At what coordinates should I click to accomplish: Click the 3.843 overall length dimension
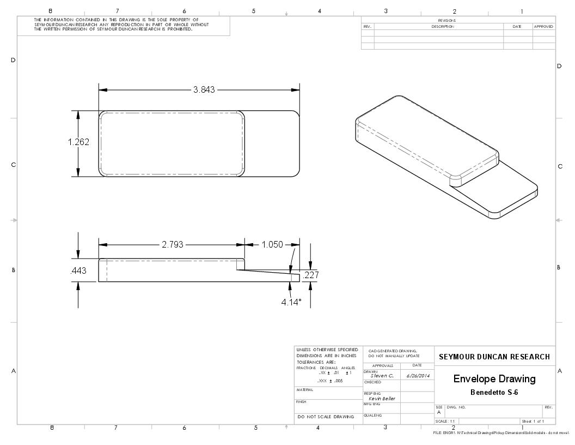[204, 90]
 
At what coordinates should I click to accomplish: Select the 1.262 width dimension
[78, 142]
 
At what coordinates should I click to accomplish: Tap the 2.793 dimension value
[172, 245]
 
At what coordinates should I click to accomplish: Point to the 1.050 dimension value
[272, 245]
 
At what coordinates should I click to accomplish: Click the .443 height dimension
[78, 271]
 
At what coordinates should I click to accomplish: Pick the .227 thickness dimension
[310, 275]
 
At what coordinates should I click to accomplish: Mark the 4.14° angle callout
[291, 302]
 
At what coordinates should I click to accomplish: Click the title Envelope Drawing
[494, 379]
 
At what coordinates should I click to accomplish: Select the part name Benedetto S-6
[494, 393]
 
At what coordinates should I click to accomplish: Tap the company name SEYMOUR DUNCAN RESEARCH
[494, 357]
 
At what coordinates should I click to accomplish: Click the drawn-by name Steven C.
[382, 376]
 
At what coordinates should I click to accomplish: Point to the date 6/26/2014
[417, 376]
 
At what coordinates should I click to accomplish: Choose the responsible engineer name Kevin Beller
[382, 399]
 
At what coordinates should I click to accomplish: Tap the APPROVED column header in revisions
[543, 26]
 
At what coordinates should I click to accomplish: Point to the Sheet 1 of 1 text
[533, 421]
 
